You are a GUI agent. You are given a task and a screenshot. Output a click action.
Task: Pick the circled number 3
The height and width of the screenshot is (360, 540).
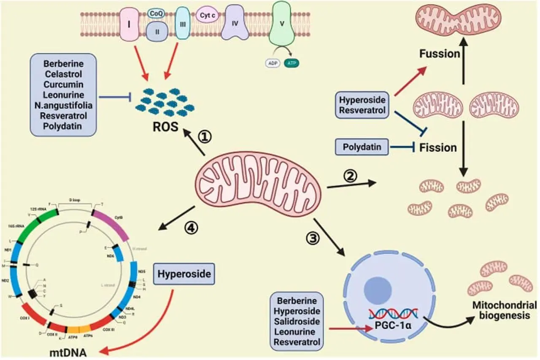pos(313,238)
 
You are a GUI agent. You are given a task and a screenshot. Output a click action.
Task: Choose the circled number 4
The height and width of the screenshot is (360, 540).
pos(191,228)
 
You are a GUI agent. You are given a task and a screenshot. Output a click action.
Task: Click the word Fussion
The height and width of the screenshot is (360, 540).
pos(439,54)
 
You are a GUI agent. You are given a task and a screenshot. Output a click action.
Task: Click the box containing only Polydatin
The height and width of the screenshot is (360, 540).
pos(362,147)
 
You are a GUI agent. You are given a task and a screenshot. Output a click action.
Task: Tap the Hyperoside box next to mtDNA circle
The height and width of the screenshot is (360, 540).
pos(184,274)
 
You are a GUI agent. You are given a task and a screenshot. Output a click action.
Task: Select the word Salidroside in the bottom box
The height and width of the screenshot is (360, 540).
pos(296,322)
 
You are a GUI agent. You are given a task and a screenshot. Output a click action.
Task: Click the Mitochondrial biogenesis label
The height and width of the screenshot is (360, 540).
pos(504,310)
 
